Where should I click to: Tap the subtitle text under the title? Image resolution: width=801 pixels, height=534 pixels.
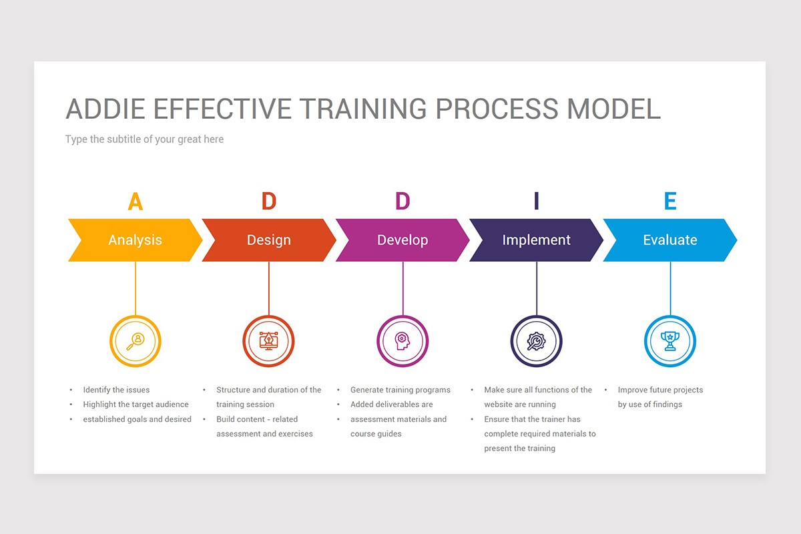click(x=144, y=140)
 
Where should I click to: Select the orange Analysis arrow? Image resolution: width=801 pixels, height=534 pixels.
click(x=135, y=240)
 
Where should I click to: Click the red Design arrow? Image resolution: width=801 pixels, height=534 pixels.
click(x=268, y=240)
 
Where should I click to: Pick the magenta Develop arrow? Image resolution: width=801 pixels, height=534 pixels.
click(x=403, y=240)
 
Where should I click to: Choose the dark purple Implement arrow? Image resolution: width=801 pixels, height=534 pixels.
click(x=536, y=240)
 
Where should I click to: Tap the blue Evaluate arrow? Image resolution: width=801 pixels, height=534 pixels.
click(x=670, y=240)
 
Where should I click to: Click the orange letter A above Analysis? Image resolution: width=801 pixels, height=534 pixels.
click(x=135, y=202)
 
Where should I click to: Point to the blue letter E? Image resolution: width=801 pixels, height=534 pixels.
click(x=670, y=202)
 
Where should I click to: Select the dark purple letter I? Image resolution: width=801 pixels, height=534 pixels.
click(x=536, y=202)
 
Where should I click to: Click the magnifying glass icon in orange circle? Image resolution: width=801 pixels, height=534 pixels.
click(x=136, y=341)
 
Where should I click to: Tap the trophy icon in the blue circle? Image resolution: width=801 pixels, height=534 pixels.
click(x=670, y=341)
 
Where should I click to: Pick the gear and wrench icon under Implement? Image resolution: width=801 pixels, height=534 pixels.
click(x=536, y=341)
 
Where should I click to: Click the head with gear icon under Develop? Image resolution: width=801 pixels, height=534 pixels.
click(x=403, y=341)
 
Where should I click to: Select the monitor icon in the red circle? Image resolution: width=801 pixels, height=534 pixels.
click(x=268, y=341)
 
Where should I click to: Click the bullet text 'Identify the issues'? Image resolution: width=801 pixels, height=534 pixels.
click(x=116, y=390)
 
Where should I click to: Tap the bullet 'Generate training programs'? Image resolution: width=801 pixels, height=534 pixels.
click(x=400, y=390)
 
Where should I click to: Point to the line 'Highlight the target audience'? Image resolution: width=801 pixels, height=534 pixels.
click(x=136, y=405)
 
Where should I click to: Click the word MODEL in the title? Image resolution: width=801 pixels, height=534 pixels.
click(x=614, y=108)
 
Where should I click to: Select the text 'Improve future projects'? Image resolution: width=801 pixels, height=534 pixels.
click(x=660, y=390)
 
